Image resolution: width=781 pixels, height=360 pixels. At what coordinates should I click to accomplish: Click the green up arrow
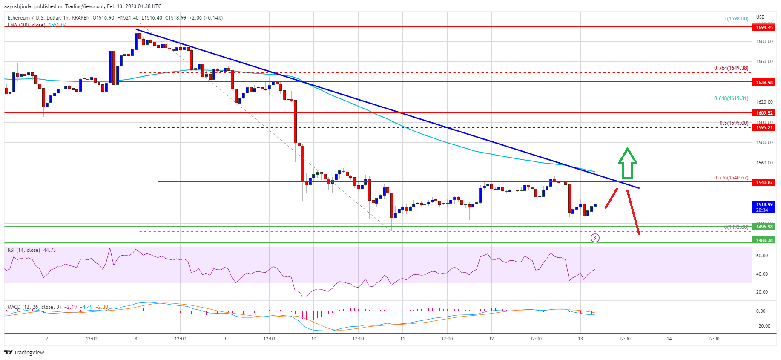point(628,163)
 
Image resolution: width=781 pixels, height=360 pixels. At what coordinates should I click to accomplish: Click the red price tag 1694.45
point(764,27)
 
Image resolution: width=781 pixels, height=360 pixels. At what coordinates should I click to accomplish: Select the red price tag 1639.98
point(764,82)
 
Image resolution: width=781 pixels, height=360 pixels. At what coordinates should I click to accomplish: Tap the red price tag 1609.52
point(764,113)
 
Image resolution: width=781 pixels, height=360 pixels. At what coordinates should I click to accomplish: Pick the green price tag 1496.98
point(764,227)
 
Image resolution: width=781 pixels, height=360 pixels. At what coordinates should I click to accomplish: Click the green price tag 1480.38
point(764,240)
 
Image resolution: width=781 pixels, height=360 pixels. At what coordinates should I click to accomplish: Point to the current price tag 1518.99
point(764,207)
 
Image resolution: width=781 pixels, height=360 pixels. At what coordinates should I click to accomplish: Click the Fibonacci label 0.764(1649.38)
point(731,68)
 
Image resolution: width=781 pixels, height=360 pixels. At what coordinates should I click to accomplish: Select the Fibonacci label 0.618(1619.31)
point(731,98)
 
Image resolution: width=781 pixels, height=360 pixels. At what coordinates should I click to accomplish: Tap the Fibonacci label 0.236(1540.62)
point(731,178)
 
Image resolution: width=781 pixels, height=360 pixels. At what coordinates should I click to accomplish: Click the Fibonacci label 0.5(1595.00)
point(733,123)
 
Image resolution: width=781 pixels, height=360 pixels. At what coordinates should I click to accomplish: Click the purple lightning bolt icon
point(595,238)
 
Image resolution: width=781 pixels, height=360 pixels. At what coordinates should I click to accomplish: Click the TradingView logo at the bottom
point(24,352)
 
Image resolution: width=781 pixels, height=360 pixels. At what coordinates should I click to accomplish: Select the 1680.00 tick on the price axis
point(764,42)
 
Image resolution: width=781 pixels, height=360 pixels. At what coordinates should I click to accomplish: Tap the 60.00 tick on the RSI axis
point(762,256)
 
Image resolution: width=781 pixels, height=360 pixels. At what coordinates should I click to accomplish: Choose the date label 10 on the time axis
point(313,339)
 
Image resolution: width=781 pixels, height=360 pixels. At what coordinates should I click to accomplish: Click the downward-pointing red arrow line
point(633,212)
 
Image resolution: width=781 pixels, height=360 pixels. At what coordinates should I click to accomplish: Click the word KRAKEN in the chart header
point(80,18)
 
